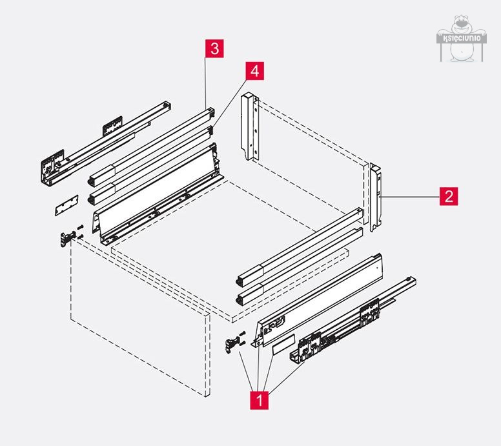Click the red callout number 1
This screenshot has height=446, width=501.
(260, 400)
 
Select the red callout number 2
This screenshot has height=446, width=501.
(449, 196)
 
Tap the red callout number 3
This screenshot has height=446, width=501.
(215, 48)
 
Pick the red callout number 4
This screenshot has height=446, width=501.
(254, 71)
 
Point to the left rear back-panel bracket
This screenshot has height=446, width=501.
(249, 128)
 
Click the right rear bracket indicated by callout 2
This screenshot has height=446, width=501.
(376, 197)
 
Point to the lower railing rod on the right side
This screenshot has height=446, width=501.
(297, 265)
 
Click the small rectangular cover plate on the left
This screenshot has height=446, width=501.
(65, 205)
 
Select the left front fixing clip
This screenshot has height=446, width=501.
(66, 237)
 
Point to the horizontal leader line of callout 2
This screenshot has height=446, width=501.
(413, 195)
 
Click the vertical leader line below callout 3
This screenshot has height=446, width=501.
(206, 81)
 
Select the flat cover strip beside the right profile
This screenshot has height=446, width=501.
(285, 346)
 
